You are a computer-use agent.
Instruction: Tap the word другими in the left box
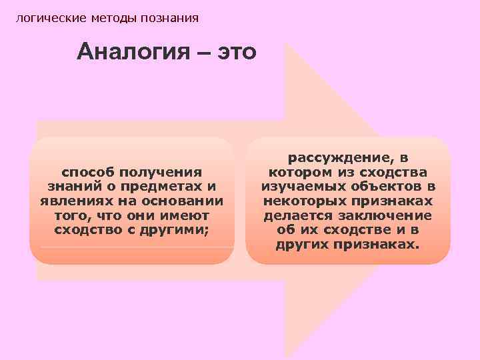180,231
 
